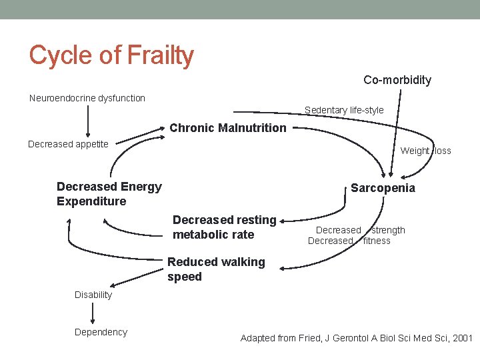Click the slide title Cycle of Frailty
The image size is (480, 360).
[x=111, y=55]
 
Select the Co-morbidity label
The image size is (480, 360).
[x=397, y=80]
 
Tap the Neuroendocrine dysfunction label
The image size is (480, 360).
[x=87, y=98]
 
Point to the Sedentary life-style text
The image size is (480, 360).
[x=344, y=110]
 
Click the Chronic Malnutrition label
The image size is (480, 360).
[x=228, y=128]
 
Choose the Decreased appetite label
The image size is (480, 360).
[x=68, y=144]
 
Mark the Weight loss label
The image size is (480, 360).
[x=425, y=151]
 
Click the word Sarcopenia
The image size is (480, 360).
[x=383, y=188]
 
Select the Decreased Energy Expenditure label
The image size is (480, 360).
[x=109, y=194]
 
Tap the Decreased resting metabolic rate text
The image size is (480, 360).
[x=224, y=227]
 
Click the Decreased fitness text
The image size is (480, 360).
[x=349, y=241]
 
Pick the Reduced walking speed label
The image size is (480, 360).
[x=216, y=269]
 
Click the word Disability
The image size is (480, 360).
[x=93, y=295]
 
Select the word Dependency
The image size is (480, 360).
[x=101, y=332]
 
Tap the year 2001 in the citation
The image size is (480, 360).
[x=461, y=339]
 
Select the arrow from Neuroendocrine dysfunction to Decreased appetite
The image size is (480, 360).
[x=87, y=121]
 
